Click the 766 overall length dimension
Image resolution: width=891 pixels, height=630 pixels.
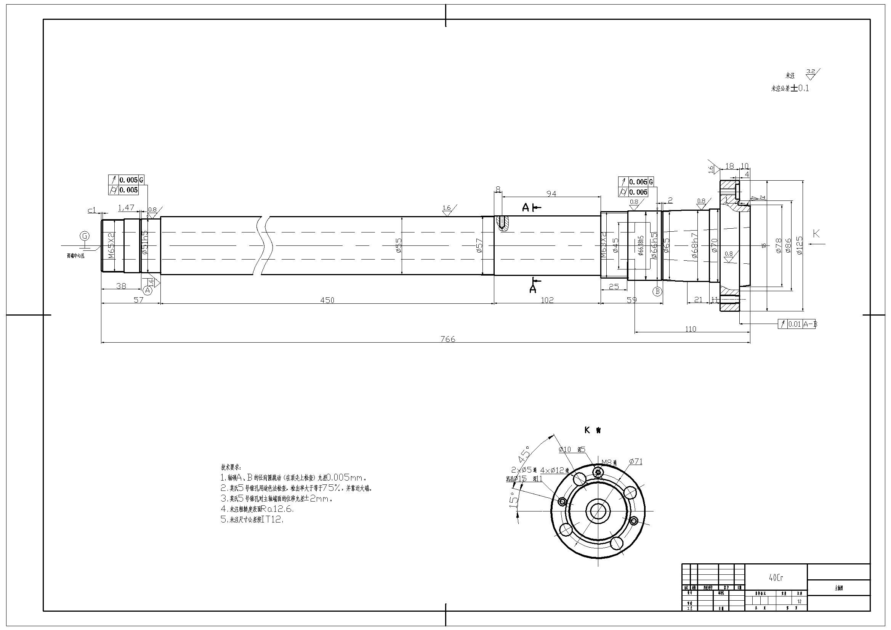(448, 339)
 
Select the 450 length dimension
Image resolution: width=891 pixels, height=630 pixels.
(327, 300)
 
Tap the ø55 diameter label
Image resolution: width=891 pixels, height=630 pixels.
(398, 245)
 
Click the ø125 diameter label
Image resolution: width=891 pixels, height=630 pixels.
(800, 245)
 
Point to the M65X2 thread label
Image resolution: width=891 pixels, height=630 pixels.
(111, 246)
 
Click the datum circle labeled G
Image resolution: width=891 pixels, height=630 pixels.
(84, 236)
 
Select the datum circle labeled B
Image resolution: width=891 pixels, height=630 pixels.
(657, 291)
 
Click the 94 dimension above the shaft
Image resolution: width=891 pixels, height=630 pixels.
(551, 193)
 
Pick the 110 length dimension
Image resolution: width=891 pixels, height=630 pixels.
(691, 329)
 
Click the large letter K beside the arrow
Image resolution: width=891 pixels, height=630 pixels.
(816, 234)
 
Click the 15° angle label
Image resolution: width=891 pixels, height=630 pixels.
(513, 498)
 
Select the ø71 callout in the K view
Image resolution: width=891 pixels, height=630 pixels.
(636, 461)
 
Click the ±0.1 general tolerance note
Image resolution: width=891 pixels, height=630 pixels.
(800, 88)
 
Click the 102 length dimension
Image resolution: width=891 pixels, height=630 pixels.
(547, 300)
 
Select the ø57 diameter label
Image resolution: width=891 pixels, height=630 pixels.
(479, 245)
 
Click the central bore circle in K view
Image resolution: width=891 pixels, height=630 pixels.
(598, 511)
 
